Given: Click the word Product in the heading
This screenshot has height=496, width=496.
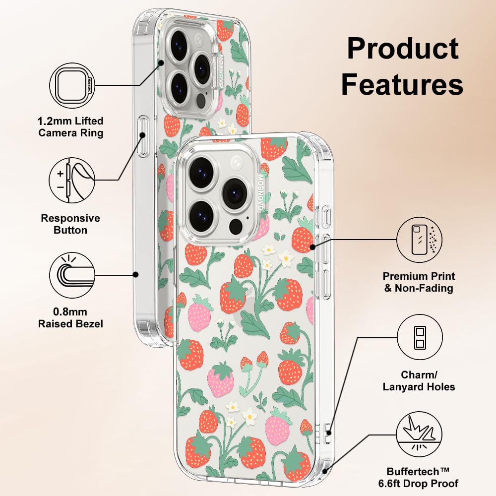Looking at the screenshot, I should tap(402, 49).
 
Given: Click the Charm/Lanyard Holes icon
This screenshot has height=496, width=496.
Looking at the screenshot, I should tap(419, 338).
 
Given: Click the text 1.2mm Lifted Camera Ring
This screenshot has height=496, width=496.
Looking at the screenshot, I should tap(71, 126).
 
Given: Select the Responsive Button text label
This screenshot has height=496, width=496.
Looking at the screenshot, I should tap(70, 224).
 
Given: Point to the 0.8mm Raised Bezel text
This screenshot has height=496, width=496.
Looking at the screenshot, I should tap(71, 318).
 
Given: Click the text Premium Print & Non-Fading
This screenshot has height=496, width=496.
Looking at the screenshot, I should tap(419, 282).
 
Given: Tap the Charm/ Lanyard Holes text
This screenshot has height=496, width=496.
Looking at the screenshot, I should tap(419, 381).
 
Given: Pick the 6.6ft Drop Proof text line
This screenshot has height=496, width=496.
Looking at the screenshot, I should tap(423, 483).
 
